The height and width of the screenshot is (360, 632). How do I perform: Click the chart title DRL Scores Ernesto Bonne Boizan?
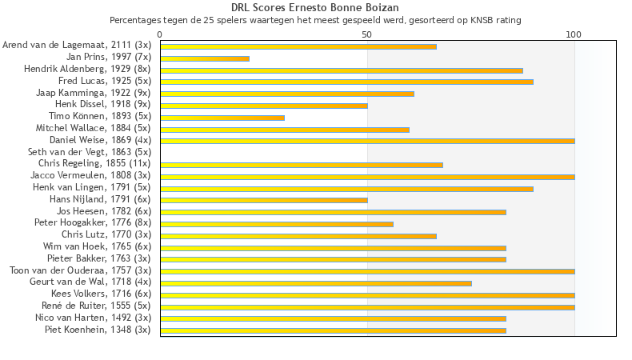pyautogui.click(x=315, y=8)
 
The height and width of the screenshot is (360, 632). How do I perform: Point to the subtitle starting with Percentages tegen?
pyautogui.click(x=315, y=20)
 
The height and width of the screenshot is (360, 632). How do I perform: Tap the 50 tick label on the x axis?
pyautogui.click(x=367, y=34)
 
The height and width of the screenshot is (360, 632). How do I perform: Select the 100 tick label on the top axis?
pyautogui.click(x=574, y=34)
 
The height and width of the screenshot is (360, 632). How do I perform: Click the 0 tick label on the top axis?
pyautogui.click(x=160, y=34)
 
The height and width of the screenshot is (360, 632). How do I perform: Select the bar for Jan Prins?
pyautogui.click(x=205, y=58)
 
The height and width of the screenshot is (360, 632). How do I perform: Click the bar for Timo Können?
pyautogui.click(x=222, y=118)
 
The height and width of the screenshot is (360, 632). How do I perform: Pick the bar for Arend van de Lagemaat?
pyautogui.click(x=298, y=46)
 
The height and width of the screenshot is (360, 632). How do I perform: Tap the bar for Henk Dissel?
pyautogui.click(x=264, y=106)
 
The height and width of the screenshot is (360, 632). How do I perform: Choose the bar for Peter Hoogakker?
pyautogui.click(x=277, y=224)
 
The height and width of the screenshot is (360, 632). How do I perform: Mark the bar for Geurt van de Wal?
pyautogui.click(x=316, y=283)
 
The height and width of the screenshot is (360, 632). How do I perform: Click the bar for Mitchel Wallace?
pyautogui.click(x=285, y=130)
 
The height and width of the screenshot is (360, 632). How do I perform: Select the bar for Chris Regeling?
pyautogui.click(x=302, y=165)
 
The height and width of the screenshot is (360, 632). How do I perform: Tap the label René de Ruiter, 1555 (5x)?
pyautogui.click(x=96, y=306)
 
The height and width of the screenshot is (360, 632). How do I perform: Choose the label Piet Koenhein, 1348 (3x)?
pyautogui.click(x=98, y=330)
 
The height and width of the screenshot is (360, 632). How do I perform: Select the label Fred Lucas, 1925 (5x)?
pyautogui.click(x=105, y=82)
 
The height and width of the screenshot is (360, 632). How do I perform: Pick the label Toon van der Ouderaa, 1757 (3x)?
pyautogui.click(x=80, y=270)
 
